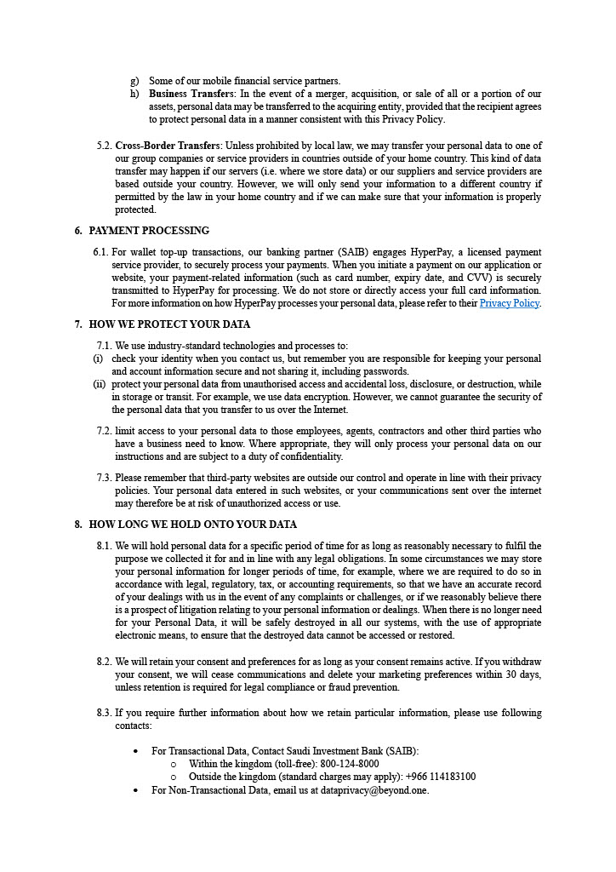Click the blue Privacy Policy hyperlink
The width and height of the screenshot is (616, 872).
click(509, 303)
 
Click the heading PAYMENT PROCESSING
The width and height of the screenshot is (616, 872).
click(149, 231)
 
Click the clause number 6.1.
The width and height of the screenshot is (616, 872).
click(100, 252)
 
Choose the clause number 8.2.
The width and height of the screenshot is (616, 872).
click(104, 662)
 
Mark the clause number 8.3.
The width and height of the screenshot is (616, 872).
click(104, 713)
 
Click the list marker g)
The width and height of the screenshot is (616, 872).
click(134, 81)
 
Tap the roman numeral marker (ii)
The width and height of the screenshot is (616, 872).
click(99, 384)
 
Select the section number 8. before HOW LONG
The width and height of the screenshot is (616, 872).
click(78, 525)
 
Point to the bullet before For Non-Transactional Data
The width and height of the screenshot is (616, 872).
click(137, 790)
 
